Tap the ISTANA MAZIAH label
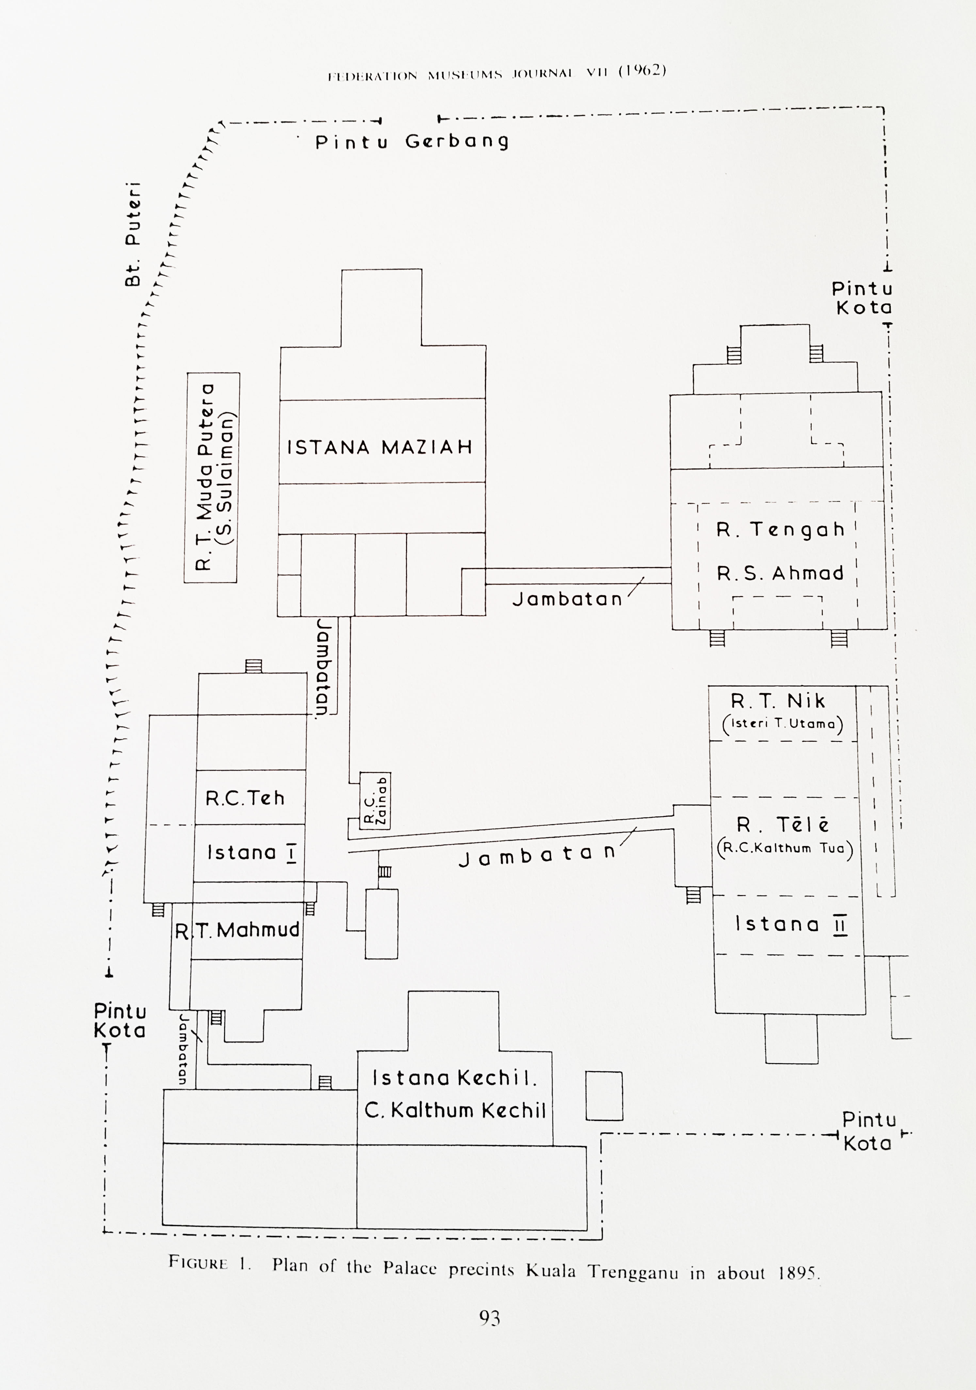(379, 448)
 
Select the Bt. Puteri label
(132, 234)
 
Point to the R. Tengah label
(780, 530)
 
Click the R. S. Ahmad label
(780, 573)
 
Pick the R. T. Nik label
(778, 701)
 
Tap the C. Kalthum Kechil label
(455, 1110)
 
